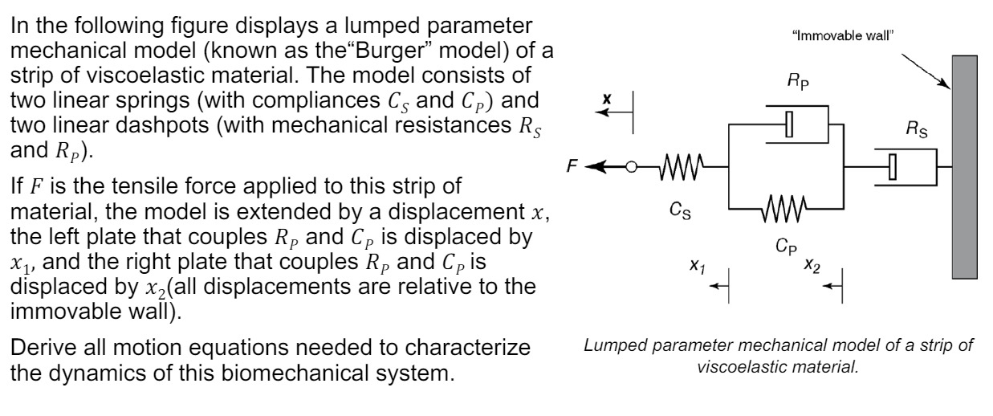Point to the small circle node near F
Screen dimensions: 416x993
(x=632, y=167)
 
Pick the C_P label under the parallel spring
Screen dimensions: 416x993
(x=790, y=251)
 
